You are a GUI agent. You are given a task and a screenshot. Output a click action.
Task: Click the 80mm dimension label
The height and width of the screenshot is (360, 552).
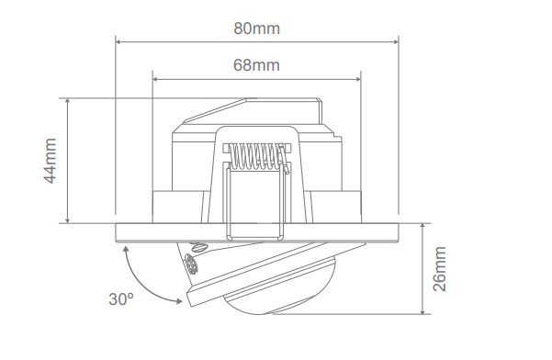256,28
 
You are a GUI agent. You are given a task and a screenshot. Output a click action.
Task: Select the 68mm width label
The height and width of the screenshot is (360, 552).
256,65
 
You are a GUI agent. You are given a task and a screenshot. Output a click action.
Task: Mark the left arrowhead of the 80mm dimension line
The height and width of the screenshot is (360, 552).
119,39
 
